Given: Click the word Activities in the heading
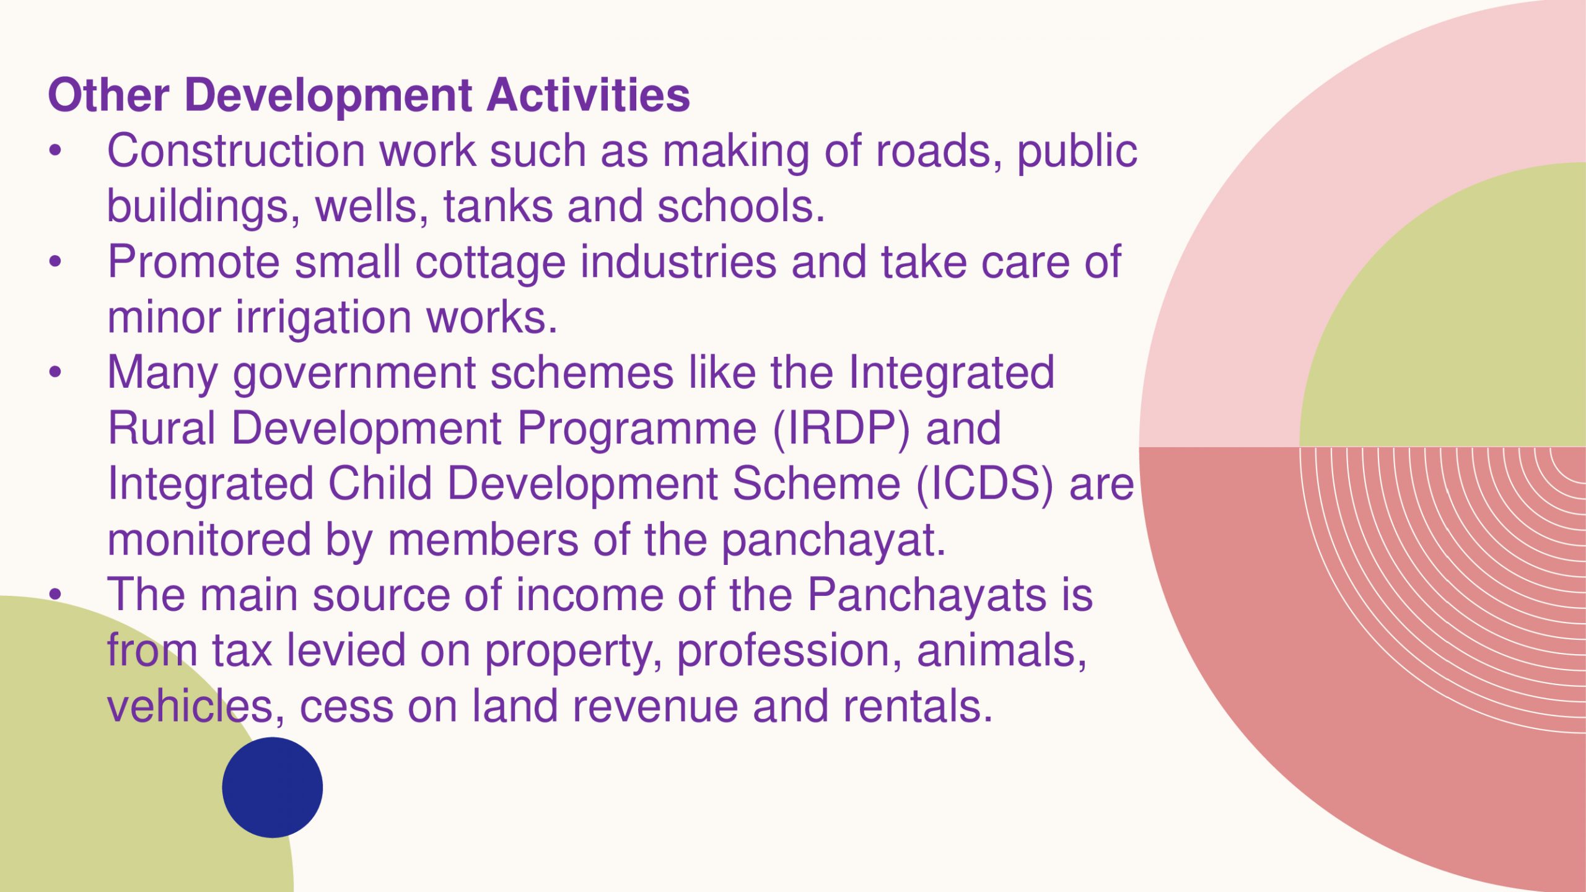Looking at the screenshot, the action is coord(588,95).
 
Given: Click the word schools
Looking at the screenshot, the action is coord(741,206).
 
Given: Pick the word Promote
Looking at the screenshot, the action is coord(194,262).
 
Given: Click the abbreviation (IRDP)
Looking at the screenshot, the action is coord(841,429).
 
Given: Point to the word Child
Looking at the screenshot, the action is coord(380,484).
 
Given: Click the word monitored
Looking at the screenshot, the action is coord(209,540).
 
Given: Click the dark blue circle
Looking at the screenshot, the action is coord(273,787).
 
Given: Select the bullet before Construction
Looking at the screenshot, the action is coord(56,151).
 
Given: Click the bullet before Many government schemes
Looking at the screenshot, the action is coord(56,373).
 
